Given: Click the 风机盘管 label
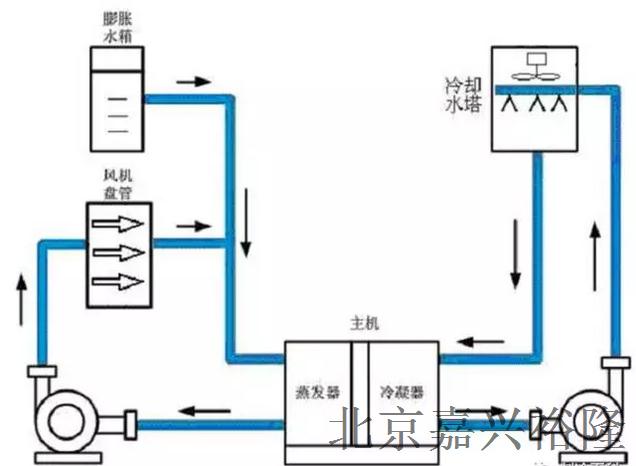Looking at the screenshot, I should click(x=116, y=185).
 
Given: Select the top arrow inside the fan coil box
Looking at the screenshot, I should click(x=116, y=225).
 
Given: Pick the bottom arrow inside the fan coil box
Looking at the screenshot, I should click(x=116, y=280).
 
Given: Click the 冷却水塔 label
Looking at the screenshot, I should click(x=463, y=93).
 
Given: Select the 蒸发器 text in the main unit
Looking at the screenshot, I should click(x=312, y=388).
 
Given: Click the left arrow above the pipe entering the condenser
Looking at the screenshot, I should click(x=485, y=339).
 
